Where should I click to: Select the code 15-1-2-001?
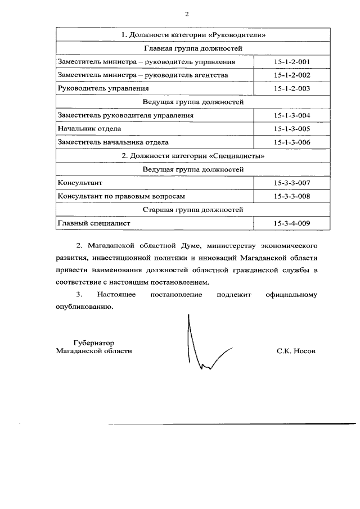click(292, 61)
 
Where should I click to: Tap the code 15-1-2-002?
click(292, 75)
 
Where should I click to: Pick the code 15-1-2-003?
click(292, 88)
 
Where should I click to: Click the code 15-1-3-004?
click(292, 115)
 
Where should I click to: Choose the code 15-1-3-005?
click(292, 129)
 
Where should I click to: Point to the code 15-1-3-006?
click(292, 142)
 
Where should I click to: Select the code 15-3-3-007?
click(292, 183)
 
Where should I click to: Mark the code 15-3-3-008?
click(292, 196)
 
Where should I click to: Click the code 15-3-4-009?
click(292, 223)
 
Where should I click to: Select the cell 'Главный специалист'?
click(93, 223)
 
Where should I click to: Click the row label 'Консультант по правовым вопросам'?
click(121, 196)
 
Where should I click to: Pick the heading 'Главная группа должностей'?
click(193, 48)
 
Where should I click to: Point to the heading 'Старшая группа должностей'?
click(193, 210)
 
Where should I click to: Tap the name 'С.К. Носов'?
click(296, 350)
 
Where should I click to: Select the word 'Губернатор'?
click(93, 342)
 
